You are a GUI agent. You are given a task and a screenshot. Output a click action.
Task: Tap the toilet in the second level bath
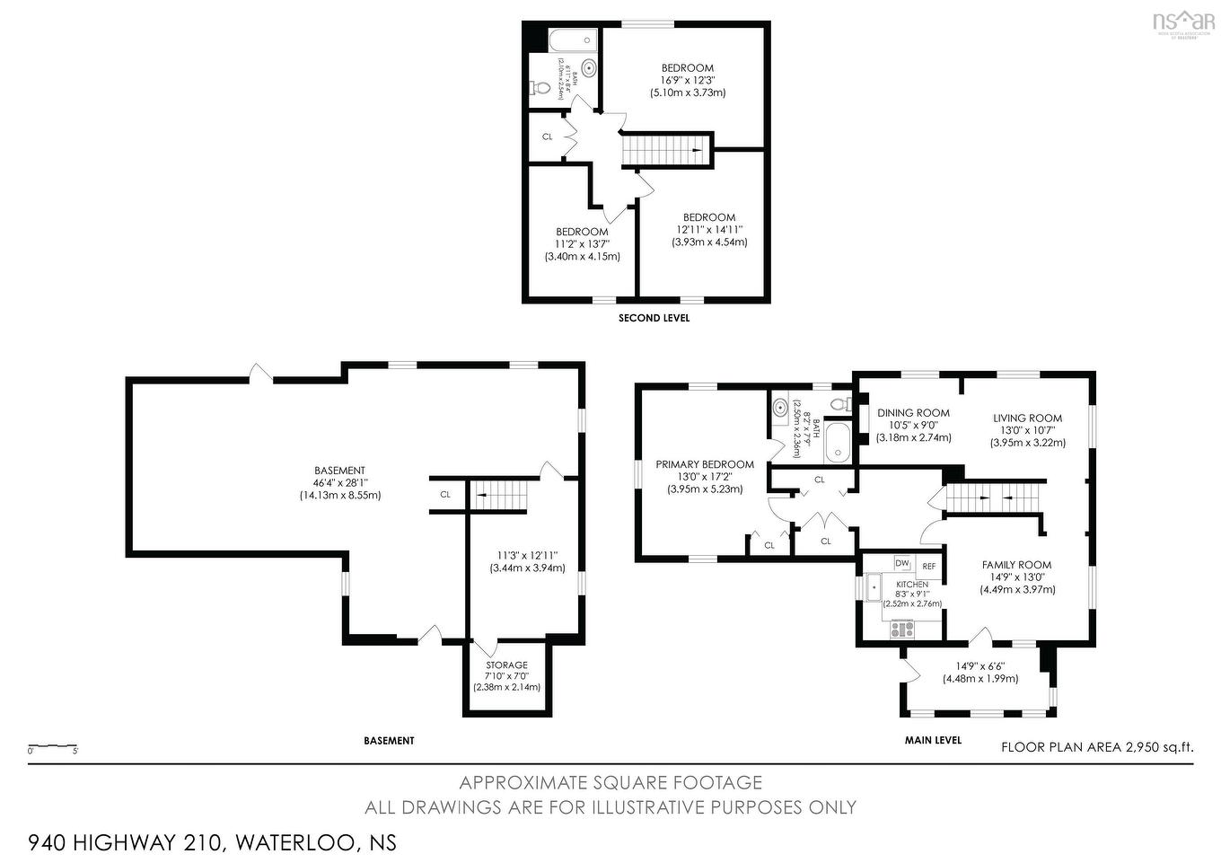coord(540,88)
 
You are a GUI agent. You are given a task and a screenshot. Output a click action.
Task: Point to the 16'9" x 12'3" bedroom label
coord(688,80)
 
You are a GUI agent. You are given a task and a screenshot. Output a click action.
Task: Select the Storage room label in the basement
coord(506,665)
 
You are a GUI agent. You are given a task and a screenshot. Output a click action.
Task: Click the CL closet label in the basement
coord(445,495)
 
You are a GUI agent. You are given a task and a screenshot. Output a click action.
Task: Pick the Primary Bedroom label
coord(705,464)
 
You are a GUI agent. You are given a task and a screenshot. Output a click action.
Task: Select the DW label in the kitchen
coord(901,563)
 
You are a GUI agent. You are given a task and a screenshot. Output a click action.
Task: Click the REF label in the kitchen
coord(928,567)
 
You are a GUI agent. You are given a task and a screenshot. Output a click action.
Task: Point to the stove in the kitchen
coord(901,630)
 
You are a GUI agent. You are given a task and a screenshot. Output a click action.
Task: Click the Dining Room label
coord(913,413)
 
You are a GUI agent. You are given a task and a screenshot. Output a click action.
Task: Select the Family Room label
coord(1016,565)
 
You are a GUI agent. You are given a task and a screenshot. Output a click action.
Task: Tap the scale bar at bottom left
coord(53,746)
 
